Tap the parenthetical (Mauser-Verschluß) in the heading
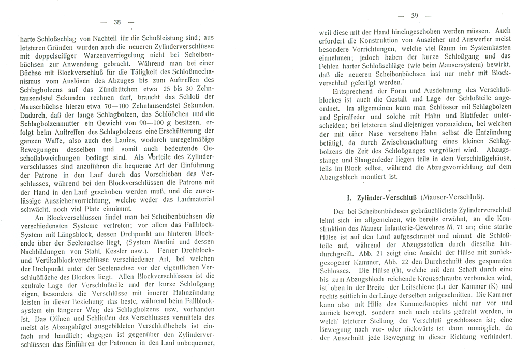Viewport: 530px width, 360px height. pos(452,197)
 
